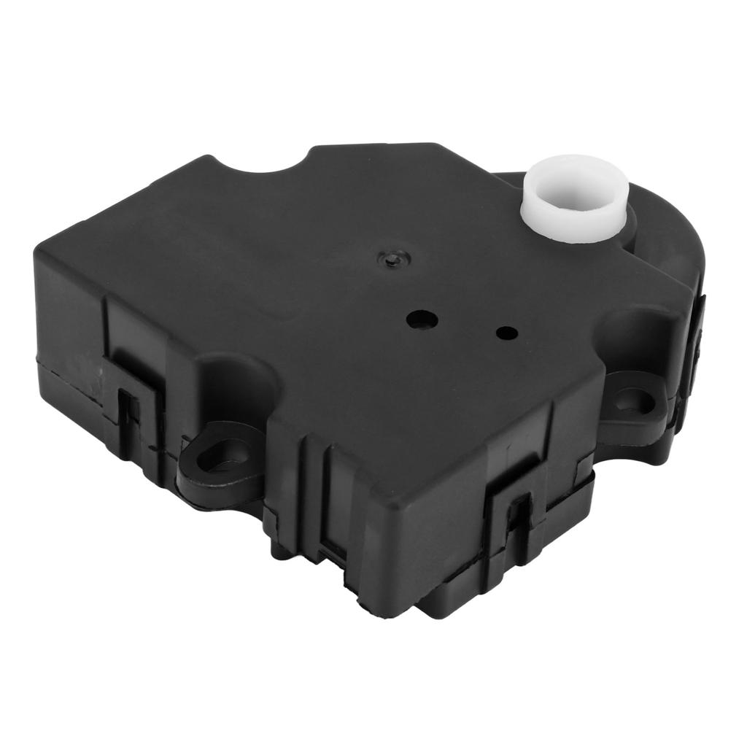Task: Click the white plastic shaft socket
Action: pos(576,212)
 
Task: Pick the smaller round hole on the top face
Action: pos(506,333)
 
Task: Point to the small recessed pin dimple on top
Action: pos(393,257)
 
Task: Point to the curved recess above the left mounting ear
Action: pos(233,379)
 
